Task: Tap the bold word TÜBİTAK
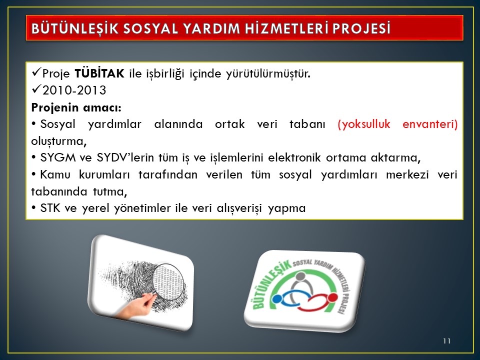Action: tap(99, 73)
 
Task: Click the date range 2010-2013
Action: tap(74, 90)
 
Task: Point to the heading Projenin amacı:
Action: tap(76, 108)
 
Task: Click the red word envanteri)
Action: tap(430, 124)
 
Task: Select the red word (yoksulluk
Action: tap(364, 124)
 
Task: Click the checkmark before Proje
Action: tap(36, 72)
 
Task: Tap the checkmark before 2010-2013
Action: tap(36, 89)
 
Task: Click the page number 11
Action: tap(446, 341)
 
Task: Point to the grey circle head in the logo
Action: tap(301, 276)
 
